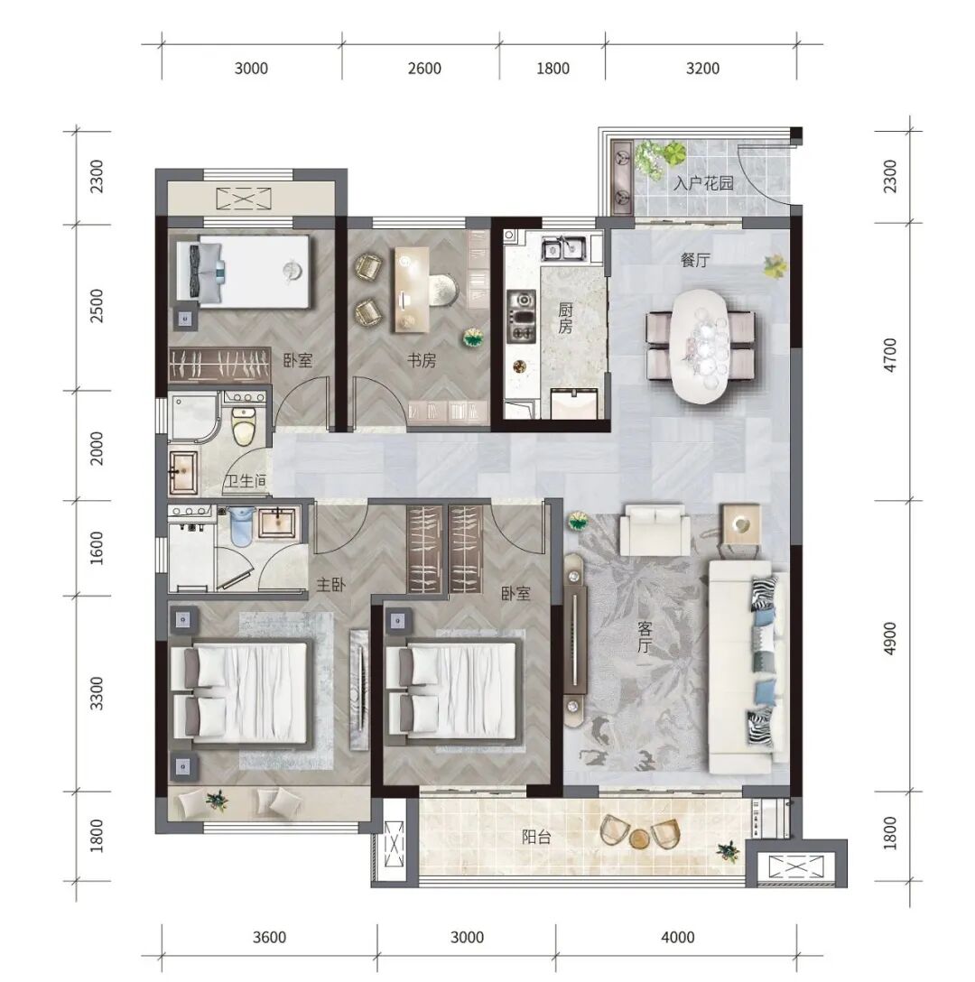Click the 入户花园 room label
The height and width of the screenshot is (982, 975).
point(703,184)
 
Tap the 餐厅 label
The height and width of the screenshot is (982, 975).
point(695,260)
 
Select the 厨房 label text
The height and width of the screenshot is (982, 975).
point(565,318)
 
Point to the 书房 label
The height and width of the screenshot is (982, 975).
point(421,361)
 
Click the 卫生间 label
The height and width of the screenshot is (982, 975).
point(245,481)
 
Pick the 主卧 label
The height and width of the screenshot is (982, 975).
point(330,585)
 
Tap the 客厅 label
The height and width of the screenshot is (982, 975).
point(644,637)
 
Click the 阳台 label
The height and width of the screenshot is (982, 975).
point(536,837)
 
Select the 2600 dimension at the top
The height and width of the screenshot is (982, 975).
point(424,69)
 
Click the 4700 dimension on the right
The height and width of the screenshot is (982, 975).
point(890,355)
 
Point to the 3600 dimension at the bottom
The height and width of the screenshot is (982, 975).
point(269,937)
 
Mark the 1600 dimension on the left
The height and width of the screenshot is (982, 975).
point(97,548)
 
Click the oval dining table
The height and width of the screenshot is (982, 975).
point(701,346)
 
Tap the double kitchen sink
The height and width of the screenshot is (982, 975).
point(563,248)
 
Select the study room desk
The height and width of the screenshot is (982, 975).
point(411,289)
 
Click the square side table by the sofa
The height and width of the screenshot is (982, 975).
point(742,524)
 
